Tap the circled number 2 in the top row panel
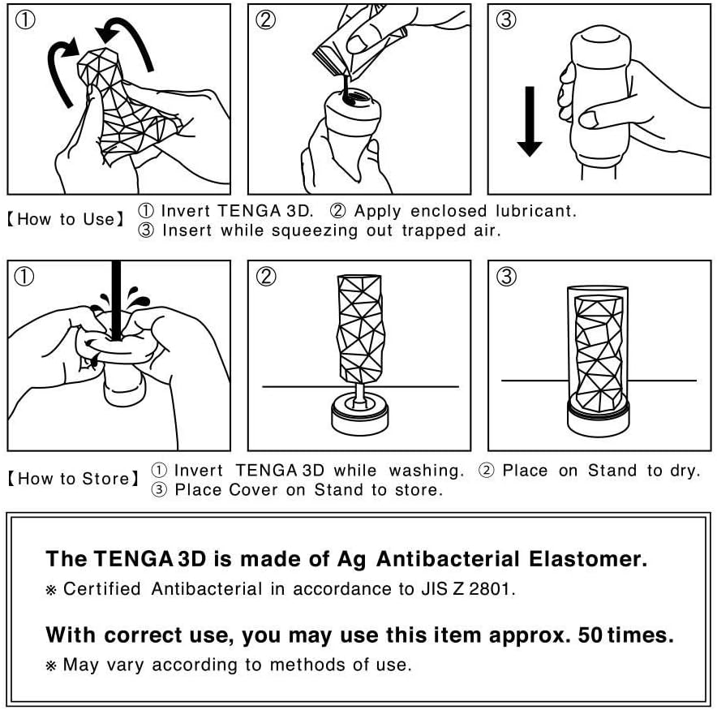pyautogui.click(x=265, y=20)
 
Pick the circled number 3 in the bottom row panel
pyautogui.click(x=505, y=277)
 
